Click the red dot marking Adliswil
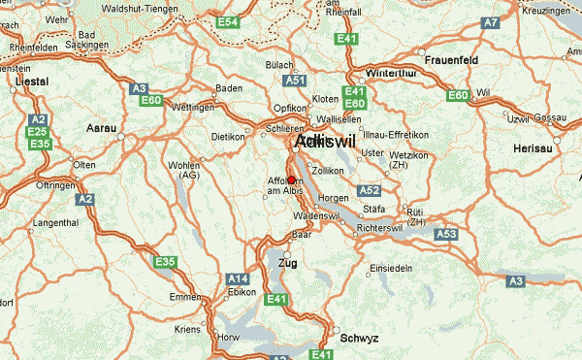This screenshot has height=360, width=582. point(291,180)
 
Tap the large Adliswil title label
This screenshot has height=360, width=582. point(325,142)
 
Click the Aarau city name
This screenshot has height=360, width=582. point(100,128)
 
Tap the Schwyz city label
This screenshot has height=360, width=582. point(359,338)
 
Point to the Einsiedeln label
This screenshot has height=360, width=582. point(393,267)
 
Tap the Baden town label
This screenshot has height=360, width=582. point(228,88)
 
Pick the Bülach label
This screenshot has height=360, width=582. point(279,65)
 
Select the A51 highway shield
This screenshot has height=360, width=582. point(296,82)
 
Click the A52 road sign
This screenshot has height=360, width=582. point(369,191)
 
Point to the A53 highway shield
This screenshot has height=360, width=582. point(445,234)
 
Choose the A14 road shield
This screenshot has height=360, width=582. point(238,278)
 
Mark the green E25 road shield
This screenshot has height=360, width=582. point(38,131)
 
